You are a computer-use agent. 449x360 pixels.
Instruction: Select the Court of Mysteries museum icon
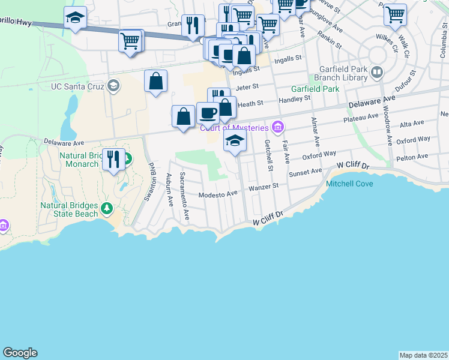277,127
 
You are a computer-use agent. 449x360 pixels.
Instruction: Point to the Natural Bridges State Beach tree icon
107,208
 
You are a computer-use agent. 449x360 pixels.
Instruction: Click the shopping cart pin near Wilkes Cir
395,14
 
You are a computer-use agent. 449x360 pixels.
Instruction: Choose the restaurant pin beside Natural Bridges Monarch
113,159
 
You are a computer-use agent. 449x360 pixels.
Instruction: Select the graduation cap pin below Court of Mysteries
235,141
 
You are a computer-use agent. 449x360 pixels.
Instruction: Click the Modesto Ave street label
219,194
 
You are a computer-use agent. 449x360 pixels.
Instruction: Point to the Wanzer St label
264,187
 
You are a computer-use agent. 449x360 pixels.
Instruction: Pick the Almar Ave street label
314,131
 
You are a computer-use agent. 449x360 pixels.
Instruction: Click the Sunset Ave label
306,172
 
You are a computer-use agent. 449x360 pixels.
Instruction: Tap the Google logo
20,353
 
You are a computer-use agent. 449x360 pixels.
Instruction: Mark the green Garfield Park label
315,89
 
